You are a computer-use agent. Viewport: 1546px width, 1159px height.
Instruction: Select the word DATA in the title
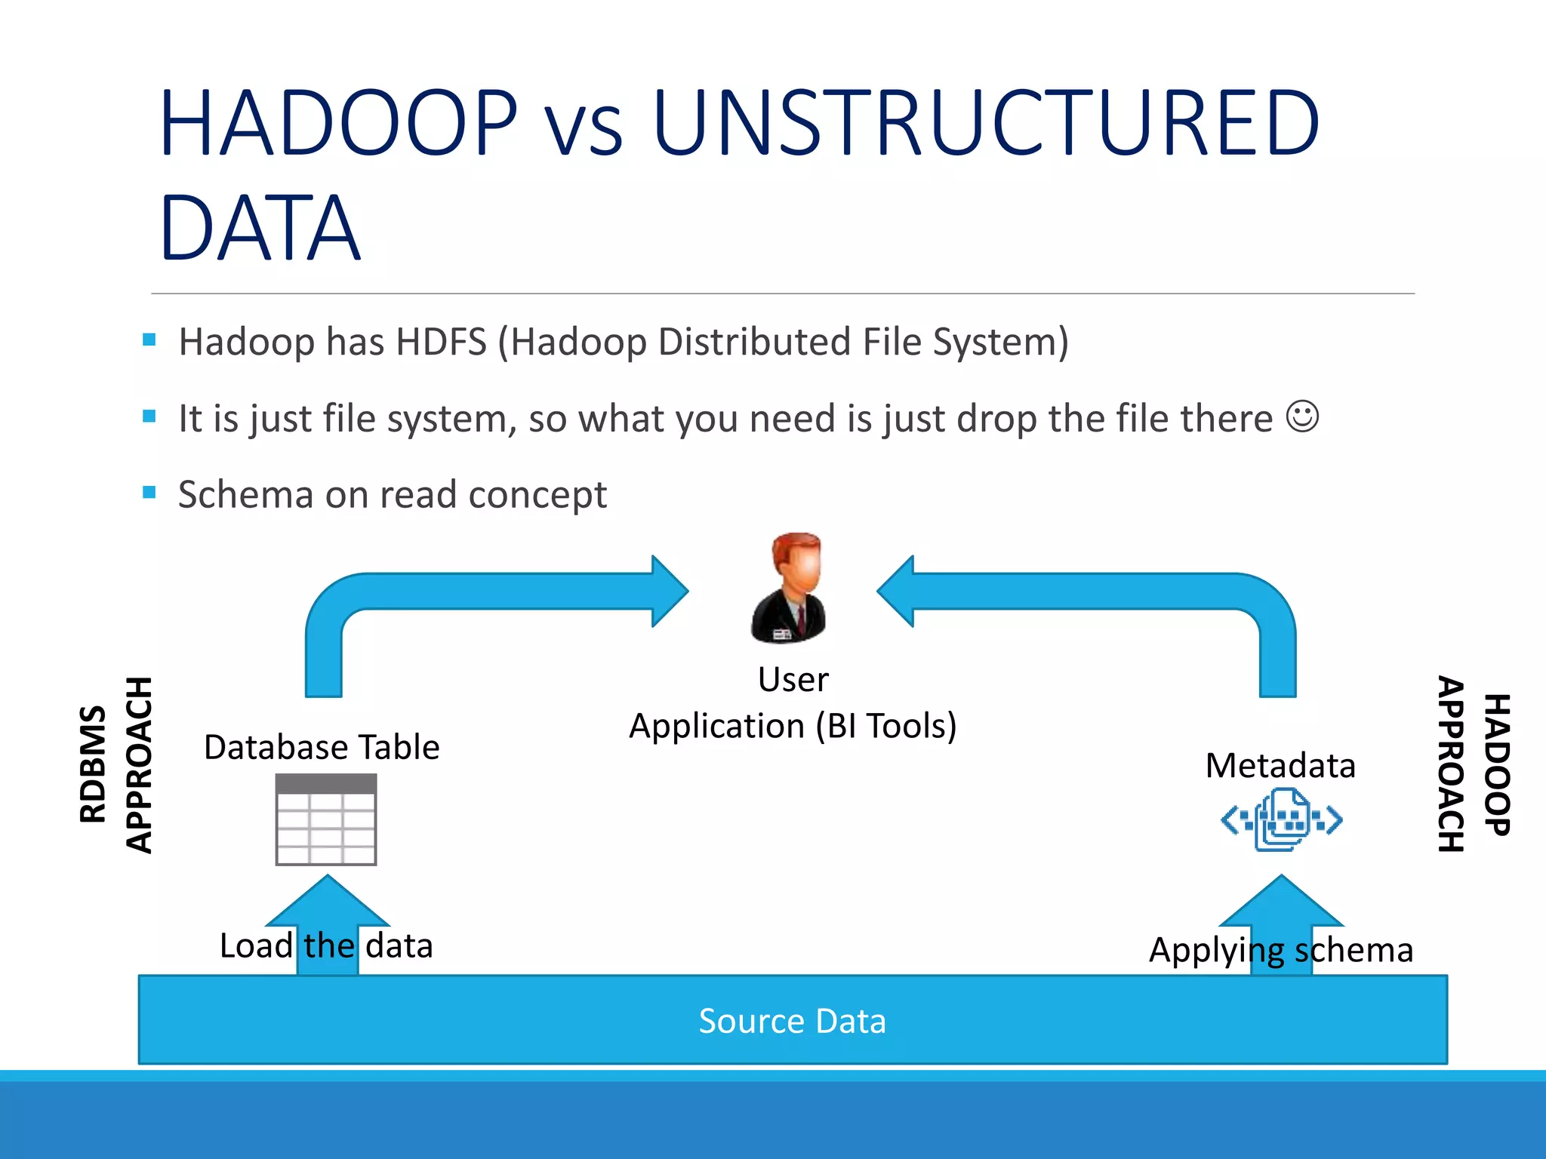pyautogui.click(x=260, y=229)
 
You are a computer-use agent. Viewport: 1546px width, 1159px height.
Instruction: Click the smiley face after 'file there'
pyautogui.click(x=1302, y=417)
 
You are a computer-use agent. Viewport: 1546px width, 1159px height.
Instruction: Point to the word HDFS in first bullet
pyautogui.click(x=441, y=342)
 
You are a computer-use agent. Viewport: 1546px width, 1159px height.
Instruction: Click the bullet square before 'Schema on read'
pyautogui.click(x=149, y=493)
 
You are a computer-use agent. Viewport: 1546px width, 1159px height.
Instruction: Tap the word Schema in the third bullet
pyautogui.click(x=245, y=495)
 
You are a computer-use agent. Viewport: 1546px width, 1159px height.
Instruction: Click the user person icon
pyautogui.click(x=790, y=589)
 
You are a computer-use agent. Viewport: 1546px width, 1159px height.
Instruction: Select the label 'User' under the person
pyautogui.click(x=793, y=679)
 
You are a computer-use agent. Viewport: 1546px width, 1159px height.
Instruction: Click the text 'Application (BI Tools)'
pyautogui.click(x=793, y=726)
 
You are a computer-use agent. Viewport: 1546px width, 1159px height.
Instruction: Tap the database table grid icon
pyautogui.click(x=326, y=819)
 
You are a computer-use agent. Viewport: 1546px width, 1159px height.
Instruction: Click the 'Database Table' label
pyautogui.click(x=322, y=747)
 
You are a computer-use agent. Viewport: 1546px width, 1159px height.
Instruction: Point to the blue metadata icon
pyautogui.click(x=1281, y=819)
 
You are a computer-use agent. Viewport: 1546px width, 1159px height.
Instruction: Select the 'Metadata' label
pyautogui.click(x=1280, y=765)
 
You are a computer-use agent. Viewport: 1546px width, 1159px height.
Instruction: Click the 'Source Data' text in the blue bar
pyautogui.click(x=792, y=1021)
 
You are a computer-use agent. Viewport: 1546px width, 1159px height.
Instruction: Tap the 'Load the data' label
pyautogui.click(x=326, y=945)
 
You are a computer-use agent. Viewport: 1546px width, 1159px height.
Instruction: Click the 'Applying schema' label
pyautogui.click(x=1280, y=949)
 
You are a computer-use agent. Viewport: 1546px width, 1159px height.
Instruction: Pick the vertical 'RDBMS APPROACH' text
pyautogui.click(x=115, y=764)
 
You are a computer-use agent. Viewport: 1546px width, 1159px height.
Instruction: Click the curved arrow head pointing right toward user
pyautogui.click(x=668, y=592)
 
